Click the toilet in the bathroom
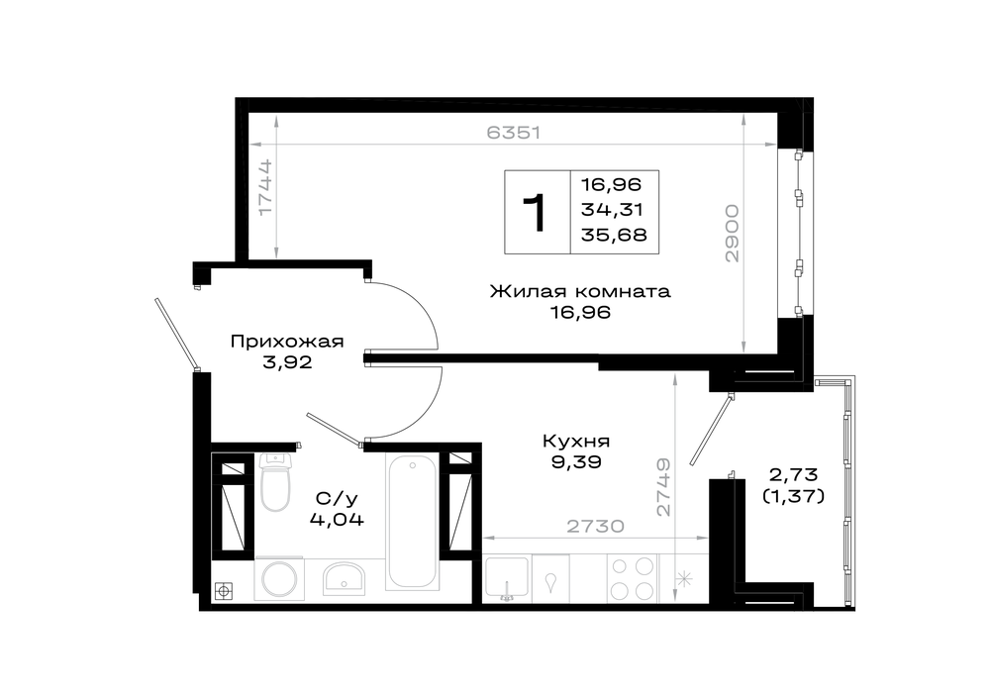(274, 482)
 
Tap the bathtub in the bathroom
(412, 522)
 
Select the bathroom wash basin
(345, 578)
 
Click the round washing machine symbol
(279, 579)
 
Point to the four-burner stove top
(632, 578)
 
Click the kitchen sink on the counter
(506, 578)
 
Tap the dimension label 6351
(514, 133)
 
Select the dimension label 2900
(732, 233)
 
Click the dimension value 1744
(265, 187)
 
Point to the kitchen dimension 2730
(595, 526)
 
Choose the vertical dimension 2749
(663, 487)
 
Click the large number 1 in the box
(536, 214)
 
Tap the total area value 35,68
(615, 235)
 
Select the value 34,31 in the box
(612, 210)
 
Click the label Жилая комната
(580, 292)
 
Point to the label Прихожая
(287, 342)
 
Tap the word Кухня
(576, 441)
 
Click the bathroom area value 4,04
(338, 520)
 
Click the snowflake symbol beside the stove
(684, 579)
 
